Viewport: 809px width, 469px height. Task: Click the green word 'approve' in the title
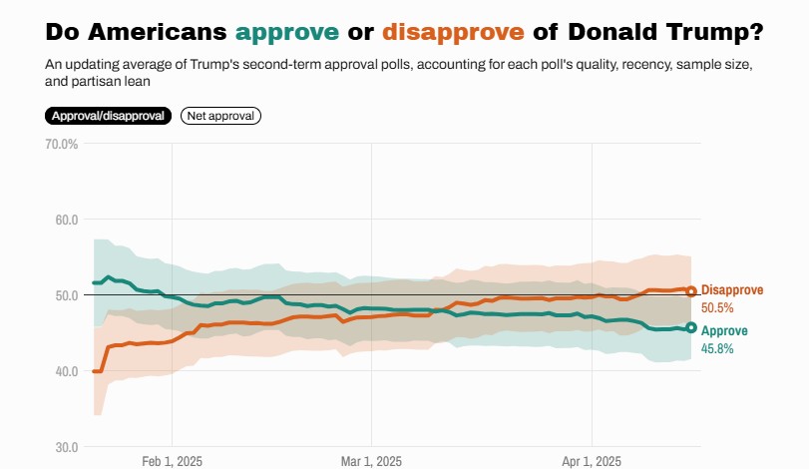coord(286,33)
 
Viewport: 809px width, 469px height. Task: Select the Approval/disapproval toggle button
coord(108,116)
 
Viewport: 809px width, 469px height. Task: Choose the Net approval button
coord(220,116)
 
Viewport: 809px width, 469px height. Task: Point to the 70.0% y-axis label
coord(62,144)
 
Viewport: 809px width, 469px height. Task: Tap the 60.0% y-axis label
coord(62,220)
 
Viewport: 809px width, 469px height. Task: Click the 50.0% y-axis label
coord(62,295)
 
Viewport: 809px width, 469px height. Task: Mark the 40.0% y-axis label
coord(62,371)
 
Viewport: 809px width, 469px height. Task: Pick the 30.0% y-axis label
coord(62,447)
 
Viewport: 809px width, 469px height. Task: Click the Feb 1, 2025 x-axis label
coord(172,461)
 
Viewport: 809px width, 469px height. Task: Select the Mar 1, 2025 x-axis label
coord(371,461)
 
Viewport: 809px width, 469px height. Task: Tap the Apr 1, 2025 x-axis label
coord(592,461)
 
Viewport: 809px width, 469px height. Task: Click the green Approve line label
coord(724,331)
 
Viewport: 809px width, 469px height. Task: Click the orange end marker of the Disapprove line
coord(691,291)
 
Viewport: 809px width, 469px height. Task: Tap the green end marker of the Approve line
coord(691,327)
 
